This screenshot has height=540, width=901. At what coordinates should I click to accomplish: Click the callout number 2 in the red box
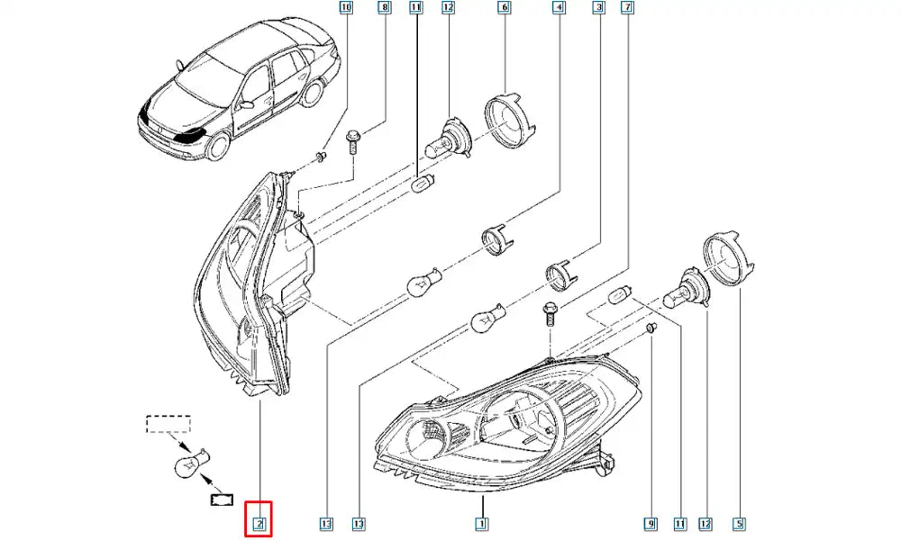[x=259, y=523]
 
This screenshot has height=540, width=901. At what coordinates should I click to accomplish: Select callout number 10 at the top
[x=347, y=9]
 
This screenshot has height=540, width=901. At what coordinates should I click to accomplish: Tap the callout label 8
[x=386, y=9]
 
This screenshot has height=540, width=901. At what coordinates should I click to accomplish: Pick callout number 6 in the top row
[x=504, y=9]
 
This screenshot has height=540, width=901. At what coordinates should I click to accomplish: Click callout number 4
[x=560, y=9]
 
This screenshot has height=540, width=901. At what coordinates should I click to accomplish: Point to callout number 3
[x=597, y=9]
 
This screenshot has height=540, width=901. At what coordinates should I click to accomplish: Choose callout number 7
[x=628, y=9]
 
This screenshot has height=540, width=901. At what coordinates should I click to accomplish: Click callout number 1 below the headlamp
[x=482, y=523]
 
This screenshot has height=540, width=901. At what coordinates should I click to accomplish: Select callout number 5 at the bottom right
[x=739, y=523]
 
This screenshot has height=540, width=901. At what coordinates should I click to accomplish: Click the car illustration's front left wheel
[x=217, y=147]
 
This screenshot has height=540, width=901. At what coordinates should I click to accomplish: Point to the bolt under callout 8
[x=352, y=139]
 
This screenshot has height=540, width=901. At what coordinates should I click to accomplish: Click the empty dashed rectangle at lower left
[x=168, y=424]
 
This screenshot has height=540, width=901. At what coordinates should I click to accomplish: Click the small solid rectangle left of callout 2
[x=220, y=497]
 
